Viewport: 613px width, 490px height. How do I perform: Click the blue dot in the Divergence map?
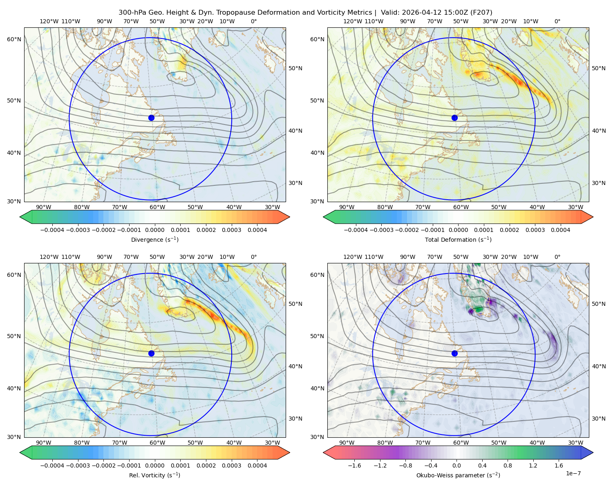151,118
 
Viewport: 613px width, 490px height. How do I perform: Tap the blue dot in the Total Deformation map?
454,118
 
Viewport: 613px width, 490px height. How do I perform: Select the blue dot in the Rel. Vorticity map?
151,353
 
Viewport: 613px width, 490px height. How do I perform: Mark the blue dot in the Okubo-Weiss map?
454,353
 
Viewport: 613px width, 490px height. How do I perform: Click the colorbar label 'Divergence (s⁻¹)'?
154,239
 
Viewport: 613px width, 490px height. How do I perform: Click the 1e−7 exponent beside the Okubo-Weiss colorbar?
573,473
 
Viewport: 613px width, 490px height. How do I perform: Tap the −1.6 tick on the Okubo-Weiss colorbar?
354,465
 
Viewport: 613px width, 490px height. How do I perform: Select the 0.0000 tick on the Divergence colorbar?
154,230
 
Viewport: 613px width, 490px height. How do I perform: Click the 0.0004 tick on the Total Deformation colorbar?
560,230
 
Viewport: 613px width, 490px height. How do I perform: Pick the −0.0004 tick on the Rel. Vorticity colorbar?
52,465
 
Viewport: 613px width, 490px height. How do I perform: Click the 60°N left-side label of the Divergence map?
14,39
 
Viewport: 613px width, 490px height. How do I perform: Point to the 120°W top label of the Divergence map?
49,21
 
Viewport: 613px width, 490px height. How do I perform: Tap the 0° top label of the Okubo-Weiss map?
557,257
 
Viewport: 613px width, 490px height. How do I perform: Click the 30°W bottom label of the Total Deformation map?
575,207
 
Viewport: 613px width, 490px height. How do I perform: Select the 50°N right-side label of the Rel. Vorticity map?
295,304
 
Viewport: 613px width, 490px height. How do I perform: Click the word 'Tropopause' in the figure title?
240,13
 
